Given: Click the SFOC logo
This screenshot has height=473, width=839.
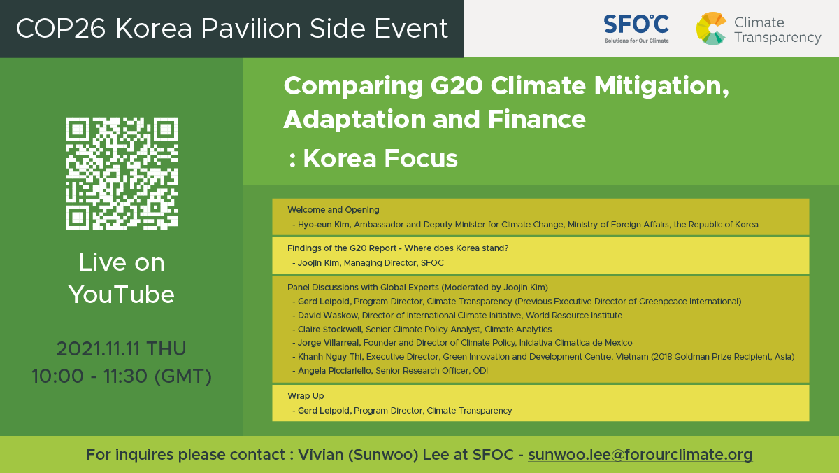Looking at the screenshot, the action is pos(636,29).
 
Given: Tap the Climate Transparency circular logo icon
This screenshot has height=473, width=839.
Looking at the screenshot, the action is pos(711,28).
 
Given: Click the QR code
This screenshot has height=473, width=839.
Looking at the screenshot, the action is pos(122,173).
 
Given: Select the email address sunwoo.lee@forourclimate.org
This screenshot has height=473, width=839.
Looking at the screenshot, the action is pos(640,455).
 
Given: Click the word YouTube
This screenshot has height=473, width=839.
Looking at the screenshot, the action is pos(122,295).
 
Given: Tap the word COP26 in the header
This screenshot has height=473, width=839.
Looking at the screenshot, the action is pos(61,29).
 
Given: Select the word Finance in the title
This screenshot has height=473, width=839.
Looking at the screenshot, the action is pos(536,119).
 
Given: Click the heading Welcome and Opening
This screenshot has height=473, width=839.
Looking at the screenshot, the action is pos(334,210).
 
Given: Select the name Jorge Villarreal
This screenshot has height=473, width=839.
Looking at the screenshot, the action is pos(328,343).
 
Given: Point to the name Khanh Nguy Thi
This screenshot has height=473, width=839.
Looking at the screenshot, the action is pos(329,357).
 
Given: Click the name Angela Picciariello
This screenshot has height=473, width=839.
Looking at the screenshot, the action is pos(334,371).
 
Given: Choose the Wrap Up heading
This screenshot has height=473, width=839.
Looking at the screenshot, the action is pos(306,396).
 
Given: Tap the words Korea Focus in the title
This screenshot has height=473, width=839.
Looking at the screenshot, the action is pos(380,159).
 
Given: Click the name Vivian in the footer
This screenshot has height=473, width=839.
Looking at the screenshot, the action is pos(321,455).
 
